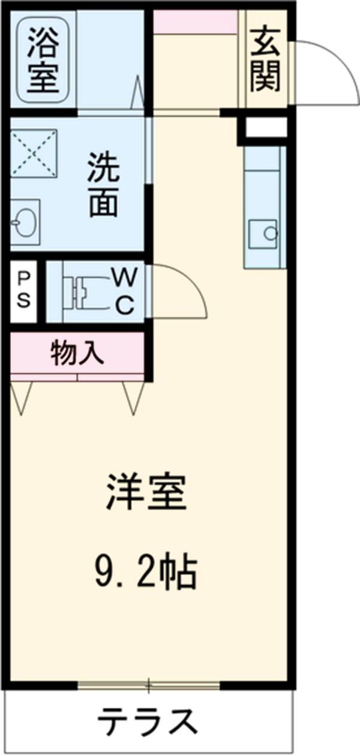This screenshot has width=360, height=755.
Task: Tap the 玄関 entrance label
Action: pos(265,59)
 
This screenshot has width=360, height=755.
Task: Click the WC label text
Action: pos(125,291)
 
